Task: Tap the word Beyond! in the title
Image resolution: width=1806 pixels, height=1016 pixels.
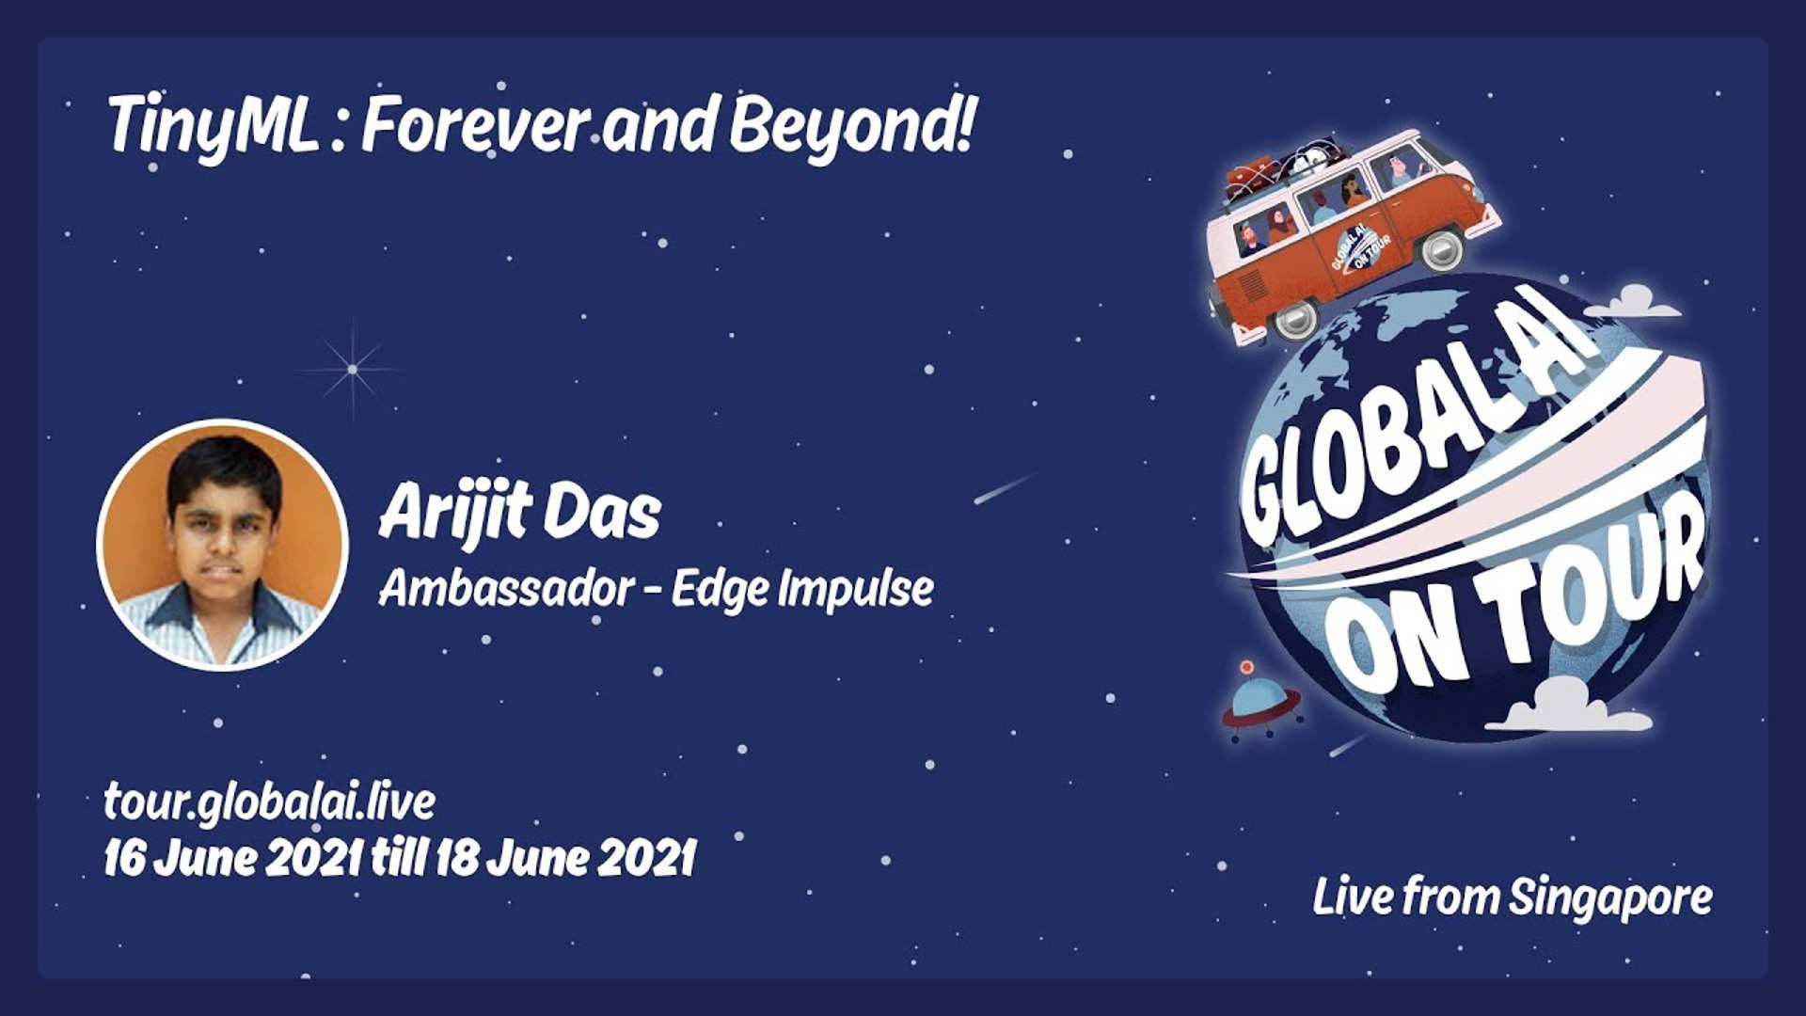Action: pyautogui.click(x=850, y=125)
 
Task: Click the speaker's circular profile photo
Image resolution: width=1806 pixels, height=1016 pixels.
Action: pyautogui.click(x=223, y=545)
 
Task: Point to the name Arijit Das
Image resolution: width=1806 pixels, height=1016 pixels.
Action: pyautogui.click(x=520, y=514)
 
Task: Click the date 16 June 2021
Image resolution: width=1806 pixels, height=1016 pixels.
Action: pyautogui.click(x=233, y=858)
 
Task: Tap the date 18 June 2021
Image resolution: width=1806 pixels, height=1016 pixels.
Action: pyautogui.click(x=565, y=858)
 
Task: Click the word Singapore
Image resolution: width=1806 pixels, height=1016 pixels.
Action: pyautogui.click(x=1610, y=897)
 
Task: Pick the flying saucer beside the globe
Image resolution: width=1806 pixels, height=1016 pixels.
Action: pyautogui.click(x=1260, y=702)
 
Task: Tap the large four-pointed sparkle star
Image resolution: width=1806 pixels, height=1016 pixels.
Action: pyautogui.click(x=353, y=369)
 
